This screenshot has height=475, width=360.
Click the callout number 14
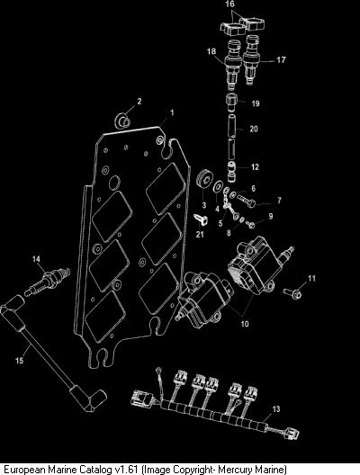36,259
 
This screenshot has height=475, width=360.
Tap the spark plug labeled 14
48,281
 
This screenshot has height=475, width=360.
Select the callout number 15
20,361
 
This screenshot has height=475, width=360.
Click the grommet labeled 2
122,121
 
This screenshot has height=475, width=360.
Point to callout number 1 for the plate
172,113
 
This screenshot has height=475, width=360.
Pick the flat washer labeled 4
218,188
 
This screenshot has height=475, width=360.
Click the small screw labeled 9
250,225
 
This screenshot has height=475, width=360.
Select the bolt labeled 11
292,293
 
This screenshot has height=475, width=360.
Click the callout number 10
245,324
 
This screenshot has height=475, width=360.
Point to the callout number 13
276,409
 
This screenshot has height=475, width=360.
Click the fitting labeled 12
232,172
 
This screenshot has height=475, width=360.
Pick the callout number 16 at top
230,4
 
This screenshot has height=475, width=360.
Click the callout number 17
281,59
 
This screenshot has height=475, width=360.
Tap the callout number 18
211,51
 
